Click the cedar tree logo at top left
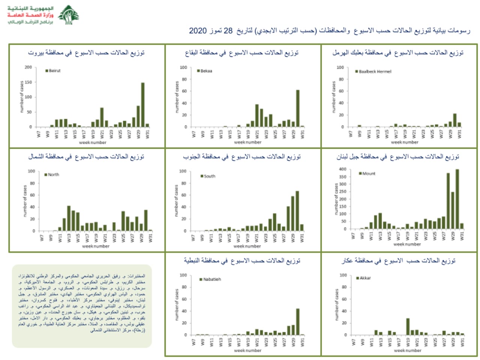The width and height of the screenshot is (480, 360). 69,15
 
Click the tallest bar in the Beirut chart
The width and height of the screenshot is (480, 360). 143,105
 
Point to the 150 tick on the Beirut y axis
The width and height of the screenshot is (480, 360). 28,82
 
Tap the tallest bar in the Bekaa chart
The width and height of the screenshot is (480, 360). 298,108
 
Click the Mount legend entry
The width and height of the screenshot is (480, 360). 367,173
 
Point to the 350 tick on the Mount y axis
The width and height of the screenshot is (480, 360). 343,177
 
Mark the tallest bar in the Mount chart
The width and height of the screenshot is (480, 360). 457,199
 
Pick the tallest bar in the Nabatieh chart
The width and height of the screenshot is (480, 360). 298,322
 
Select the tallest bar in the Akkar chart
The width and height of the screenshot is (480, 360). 408,327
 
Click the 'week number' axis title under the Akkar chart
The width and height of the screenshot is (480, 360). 408,350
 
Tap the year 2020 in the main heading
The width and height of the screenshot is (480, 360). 198,31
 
